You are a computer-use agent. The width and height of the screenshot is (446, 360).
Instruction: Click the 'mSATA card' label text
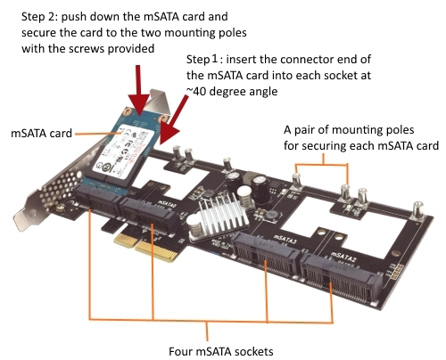coord(41,134)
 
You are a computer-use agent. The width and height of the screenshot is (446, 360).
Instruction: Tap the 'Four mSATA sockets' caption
coord(221,351)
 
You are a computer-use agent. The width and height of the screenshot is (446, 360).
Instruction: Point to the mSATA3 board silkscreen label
coord(285,240)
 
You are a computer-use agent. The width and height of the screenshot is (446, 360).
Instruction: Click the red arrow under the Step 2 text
coord(138,90)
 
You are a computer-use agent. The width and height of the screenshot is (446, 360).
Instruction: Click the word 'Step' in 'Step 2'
coord(33,17)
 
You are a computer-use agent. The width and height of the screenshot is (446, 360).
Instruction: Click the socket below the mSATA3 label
coord(265,256)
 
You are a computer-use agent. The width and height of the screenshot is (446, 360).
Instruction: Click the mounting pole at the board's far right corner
coord(417,210)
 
